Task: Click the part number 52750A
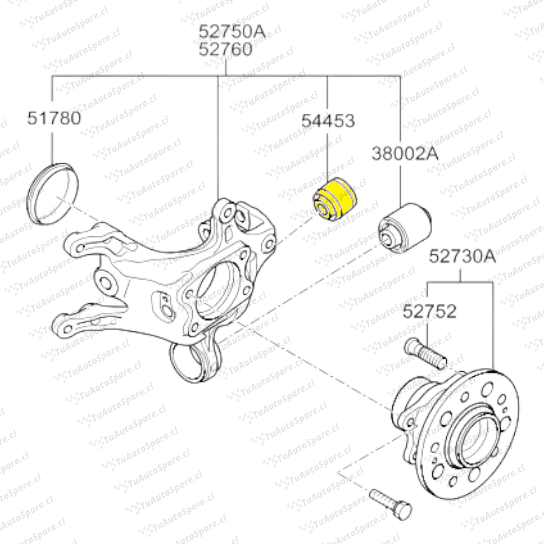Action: click(x=232, y=32)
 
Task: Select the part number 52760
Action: click(x=226, y=49)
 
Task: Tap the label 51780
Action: click(x=54, y=118)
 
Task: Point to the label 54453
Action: click(x=328, y=121)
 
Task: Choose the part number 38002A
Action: click(x=405, y=153)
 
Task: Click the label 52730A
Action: click(x=462, y=256)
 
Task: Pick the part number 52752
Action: click(x=429, y=311)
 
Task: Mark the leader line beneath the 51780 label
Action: click(x=53, y=146)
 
